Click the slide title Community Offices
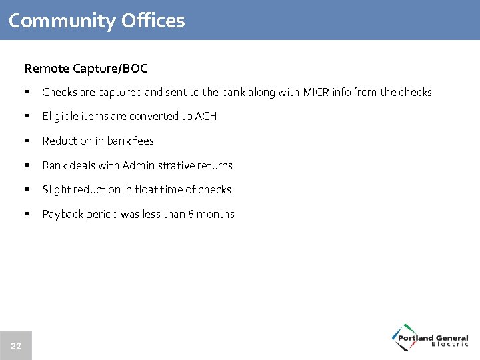tap(97, 21)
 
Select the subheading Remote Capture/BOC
tap(86, 69)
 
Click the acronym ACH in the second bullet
tap(205, 117)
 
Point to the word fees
tap(143, 141)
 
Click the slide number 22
tap(16, 346)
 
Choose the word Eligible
tap(59, 117)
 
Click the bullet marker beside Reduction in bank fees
tap(27, 141)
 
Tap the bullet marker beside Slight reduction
tap(27, 190)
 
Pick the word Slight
tap(55, 190)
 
